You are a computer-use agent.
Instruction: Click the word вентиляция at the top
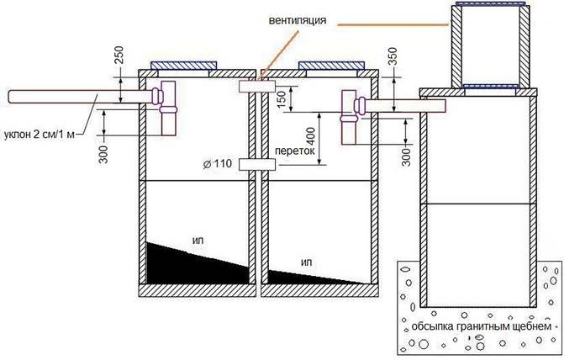point(298,20)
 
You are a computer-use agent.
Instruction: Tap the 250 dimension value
point(119,56)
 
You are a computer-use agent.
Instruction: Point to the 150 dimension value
point(282,98)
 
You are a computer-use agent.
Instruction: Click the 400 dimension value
point(311,136)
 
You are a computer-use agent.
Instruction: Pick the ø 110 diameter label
point(218,163)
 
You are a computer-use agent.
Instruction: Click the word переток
point(295,151)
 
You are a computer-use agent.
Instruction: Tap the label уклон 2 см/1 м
point(40,135)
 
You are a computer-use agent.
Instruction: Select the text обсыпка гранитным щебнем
point(482,326)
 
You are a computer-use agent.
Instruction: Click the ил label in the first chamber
point(198,241)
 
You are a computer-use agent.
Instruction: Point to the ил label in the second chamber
point(307,262)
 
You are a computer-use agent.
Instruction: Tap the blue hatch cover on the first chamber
point(183,66)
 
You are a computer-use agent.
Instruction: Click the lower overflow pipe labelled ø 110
point(257,164)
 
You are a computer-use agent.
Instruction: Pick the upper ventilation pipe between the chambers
point(257,87)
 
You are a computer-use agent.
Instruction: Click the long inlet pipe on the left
point(81,97)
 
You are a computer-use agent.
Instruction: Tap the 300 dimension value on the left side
point(104,154)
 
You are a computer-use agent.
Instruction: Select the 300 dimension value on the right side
point(406,157)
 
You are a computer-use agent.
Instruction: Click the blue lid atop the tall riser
point(490,3)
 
